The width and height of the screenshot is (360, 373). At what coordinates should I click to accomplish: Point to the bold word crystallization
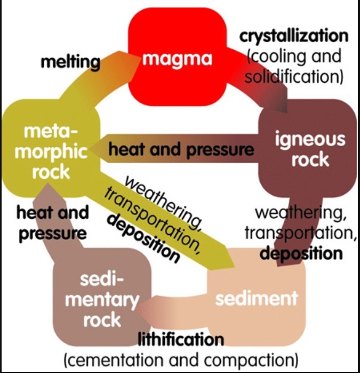tap(293, 36)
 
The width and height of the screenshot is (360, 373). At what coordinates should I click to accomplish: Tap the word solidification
tap(292, 76)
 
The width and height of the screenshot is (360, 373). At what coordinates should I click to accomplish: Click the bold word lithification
tap(180, 339)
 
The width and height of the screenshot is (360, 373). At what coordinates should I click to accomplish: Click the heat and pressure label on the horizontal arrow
tap(181, 149)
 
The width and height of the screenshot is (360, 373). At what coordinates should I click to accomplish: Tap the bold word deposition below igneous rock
tap(301, 252)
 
